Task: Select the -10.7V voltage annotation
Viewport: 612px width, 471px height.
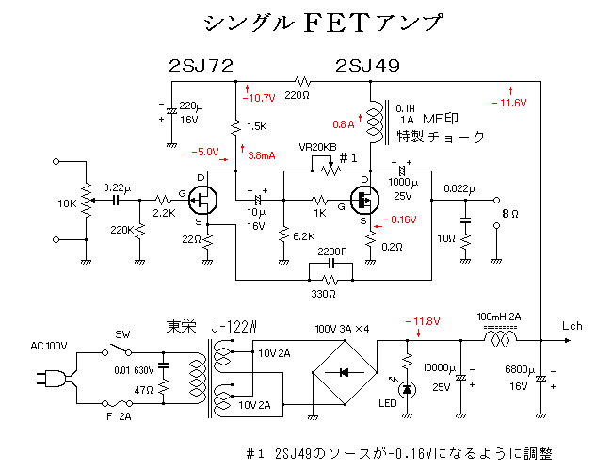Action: coord(258,97)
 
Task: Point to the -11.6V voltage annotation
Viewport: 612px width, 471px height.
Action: coord(508,102)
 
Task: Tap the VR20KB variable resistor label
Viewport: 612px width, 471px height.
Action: coord(316,148)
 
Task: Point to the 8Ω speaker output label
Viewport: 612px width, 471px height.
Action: coord(508,214)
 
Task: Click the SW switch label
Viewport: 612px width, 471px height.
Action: coord(122,335)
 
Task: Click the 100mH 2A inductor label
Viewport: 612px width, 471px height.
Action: coord(499,316)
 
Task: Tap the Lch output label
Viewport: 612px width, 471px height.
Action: coord(573,325)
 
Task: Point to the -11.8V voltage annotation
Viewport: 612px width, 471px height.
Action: coord(421,322)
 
